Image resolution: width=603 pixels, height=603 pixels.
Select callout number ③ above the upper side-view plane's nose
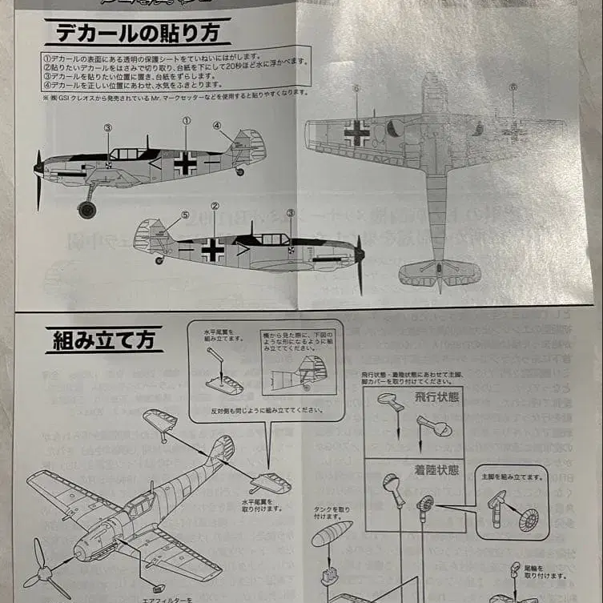pyautogui.click(x=107, y=127)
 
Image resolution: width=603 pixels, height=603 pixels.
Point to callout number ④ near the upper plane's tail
pyautogui.click(x=216, y=125)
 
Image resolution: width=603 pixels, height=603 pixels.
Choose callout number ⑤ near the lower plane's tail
pyautogui.click(x=185, y=215)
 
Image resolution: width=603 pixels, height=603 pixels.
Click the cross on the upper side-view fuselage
pyautogui.click(x=186, y=163)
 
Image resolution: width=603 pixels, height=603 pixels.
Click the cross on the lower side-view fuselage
pyautogui.click(x=213, y=249)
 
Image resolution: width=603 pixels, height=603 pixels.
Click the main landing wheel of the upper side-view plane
pyautogui.click(x=86, y=210)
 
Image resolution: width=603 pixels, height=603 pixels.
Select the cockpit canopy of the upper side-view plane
pyautogui.click(x=128, y=153)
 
